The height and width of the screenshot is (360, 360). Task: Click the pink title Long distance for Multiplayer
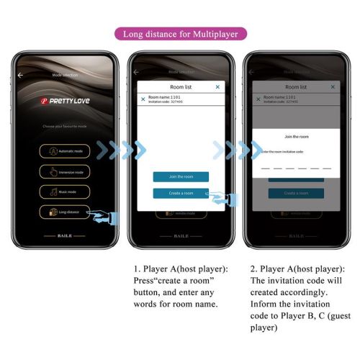(x=180, y=33)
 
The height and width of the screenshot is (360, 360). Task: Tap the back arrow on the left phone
(x=21, y=74)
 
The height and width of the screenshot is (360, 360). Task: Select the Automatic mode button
(x=64, y=152)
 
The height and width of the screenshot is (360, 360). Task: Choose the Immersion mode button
(x=64, y=172)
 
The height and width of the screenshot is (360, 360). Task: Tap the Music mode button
(x=64, y=192)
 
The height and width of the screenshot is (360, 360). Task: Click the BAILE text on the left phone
(x=64, y=235)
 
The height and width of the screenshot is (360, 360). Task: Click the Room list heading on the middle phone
(x=180, y=86)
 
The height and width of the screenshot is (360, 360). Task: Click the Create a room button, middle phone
(x=181, y=193)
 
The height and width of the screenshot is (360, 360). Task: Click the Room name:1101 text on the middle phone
(x=164, y=97)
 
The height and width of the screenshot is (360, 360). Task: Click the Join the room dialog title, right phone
(x=296, y=137)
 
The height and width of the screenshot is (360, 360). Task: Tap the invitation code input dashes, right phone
(x=296, y=167)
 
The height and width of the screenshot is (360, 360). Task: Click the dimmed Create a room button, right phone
(x=296, y=193)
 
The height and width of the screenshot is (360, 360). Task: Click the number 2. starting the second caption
(x=254, y=267)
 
